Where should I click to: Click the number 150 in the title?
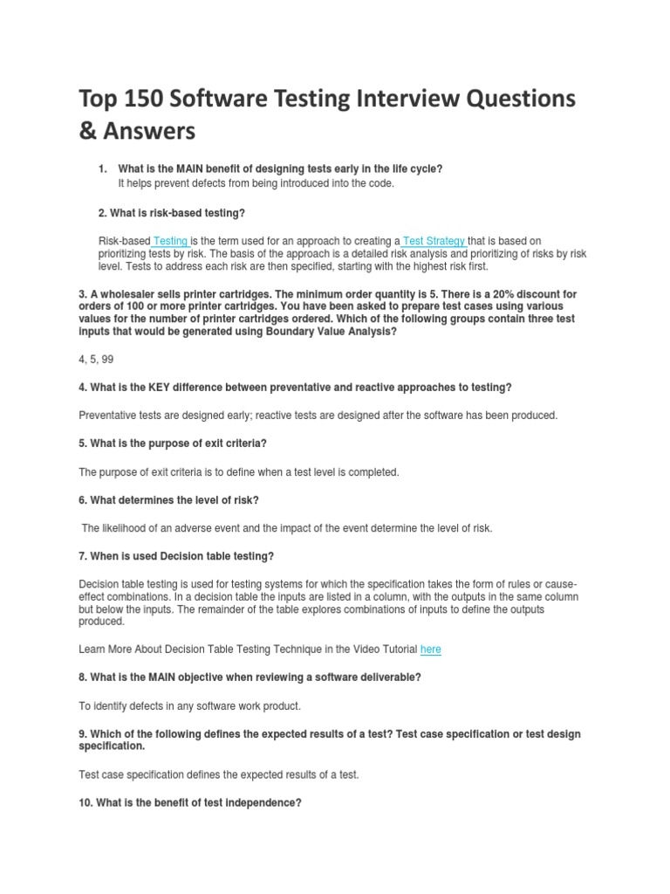click(x=147, y=100)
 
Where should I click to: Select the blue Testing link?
click(x=171, y=241)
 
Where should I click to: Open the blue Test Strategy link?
click(x=434, y=241)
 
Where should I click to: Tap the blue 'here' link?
click(x=431, y=650)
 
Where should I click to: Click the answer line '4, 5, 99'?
click(x=96, y=359)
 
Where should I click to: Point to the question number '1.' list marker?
click(x=102, y=168)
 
